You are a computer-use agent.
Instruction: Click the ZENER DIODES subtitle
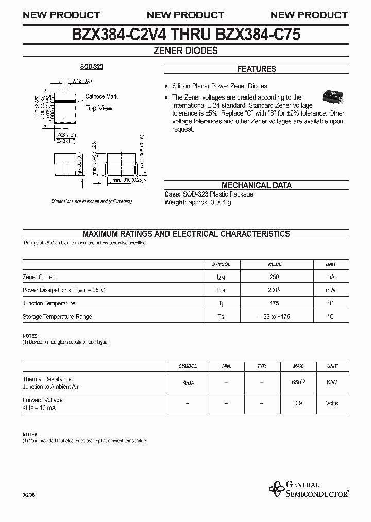point(185,51)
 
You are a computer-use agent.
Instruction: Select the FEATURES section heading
point(256,69)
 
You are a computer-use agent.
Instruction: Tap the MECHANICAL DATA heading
point(256,185)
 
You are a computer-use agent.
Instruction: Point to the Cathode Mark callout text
point(102,96)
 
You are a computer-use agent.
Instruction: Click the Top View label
point(99,108)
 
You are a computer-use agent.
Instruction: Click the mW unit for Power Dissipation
point(330,290)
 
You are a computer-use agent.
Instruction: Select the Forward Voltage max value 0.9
point(298,403)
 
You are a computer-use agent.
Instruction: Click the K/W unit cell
point(332,382)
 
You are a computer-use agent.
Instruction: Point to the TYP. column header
point(262,366)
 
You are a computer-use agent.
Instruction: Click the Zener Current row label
point(40,277)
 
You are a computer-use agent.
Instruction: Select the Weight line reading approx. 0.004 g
point(198,202)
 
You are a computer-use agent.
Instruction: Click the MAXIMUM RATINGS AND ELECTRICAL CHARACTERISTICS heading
point(186,234)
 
